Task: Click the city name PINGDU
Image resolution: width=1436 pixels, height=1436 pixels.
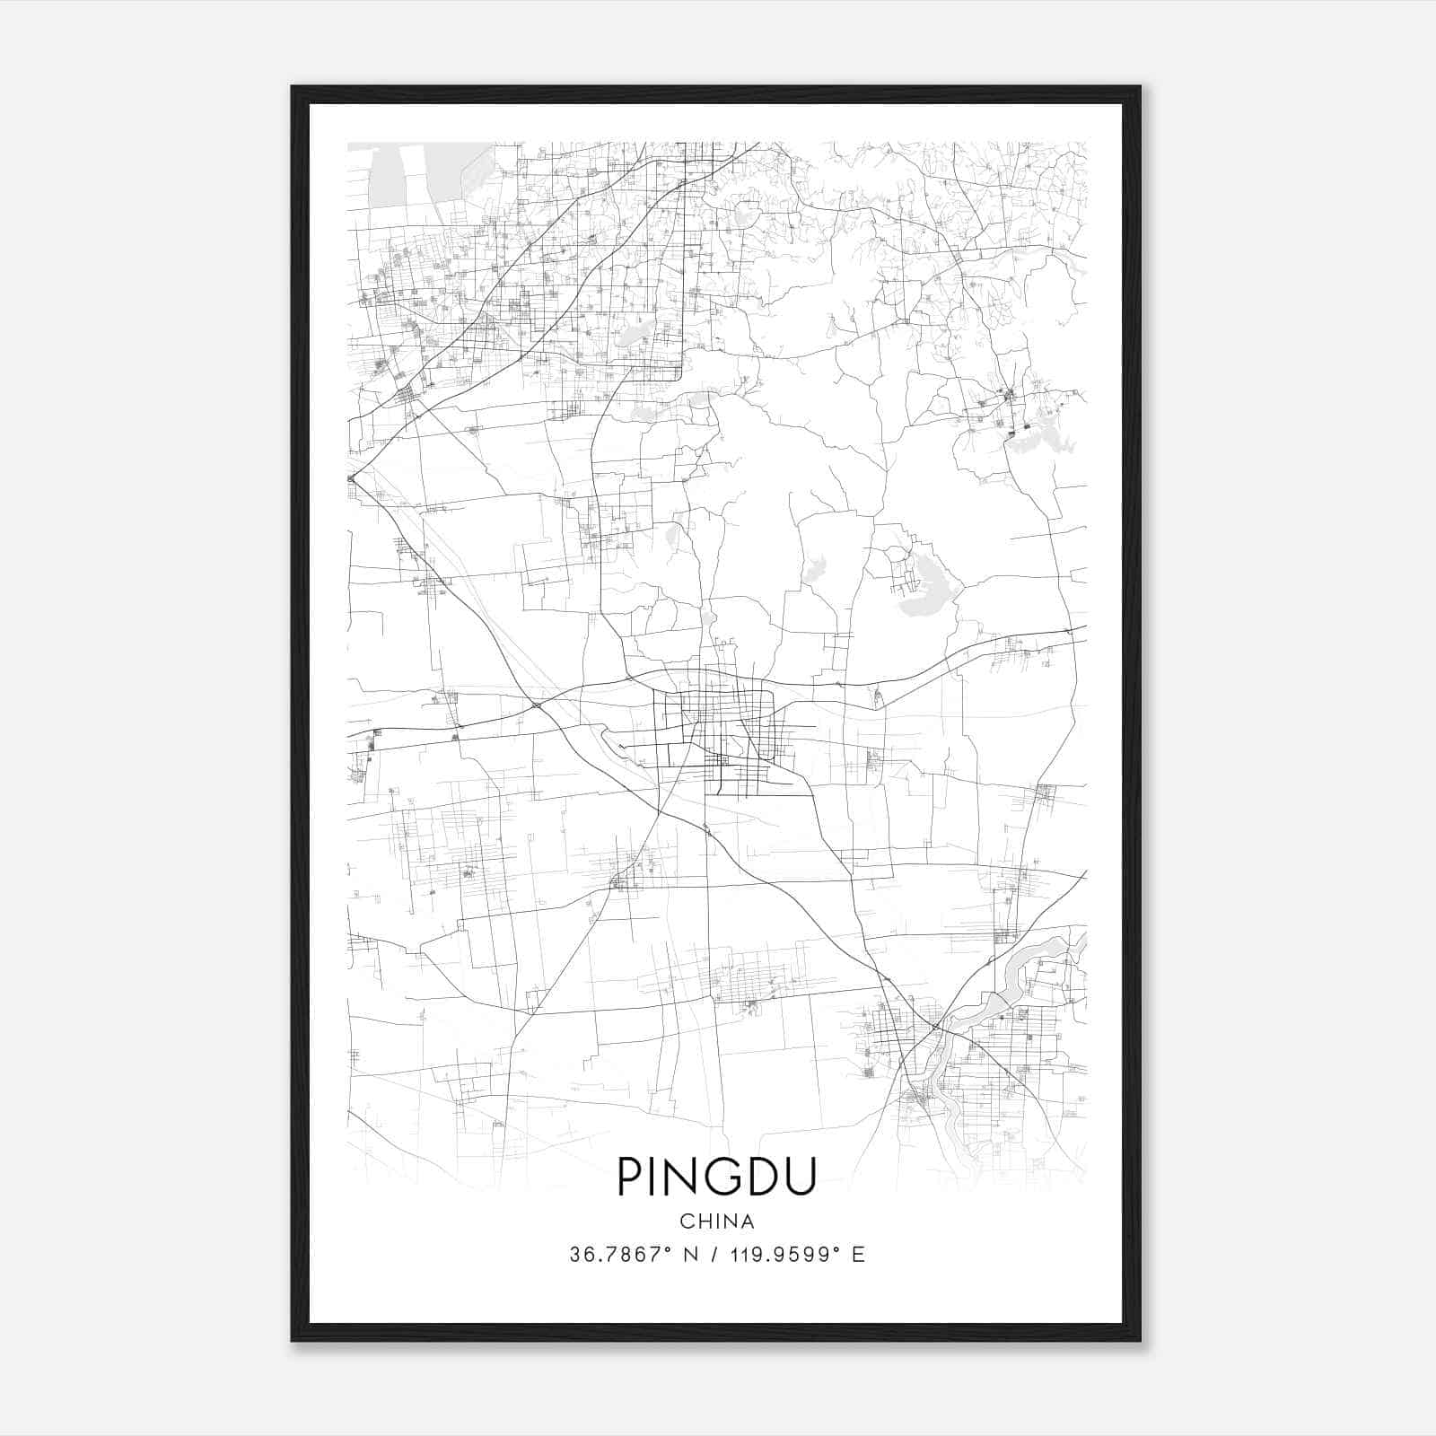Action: [x=716, y=1176]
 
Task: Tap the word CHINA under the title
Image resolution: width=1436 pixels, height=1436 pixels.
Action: [x=716, y=1221]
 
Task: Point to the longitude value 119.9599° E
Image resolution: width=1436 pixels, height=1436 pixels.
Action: [x=794, y=1255]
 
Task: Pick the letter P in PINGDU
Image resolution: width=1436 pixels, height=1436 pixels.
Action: [x=628, y=1176]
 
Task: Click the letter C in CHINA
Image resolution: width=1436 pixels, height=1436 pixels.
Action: [x=686, y=1221]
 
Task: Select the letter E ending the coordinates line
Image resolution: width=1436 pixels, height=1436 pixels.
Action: [x=859, y=1255]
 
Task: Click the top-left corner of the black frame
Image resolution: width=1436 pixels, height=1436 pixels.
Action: [x=293, y=87]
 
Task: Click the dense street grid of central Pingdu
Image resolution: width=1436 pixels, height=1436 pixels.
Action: [x=722, y=727]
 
